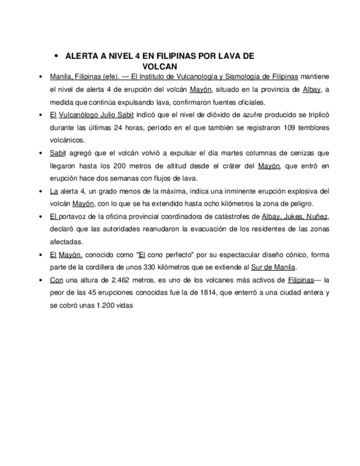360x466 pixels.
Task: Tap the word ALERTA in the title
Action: point(81,56)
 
